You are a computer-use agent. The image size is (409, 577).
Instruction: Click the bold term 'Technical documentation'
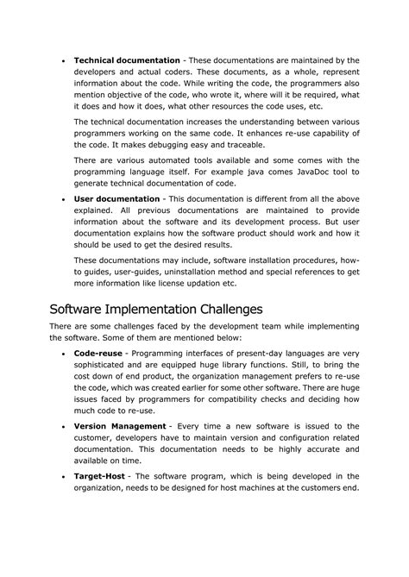[x=127, y=60]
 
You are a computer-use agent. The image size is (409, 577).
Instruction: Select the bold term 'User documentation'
[x=116, y=198]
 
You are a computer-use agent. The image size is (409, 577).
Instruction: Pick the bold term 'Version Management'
[x=119, y=426]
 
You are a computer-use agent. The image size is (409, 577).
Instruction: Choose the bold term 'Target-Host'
[x=101, y=475]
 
